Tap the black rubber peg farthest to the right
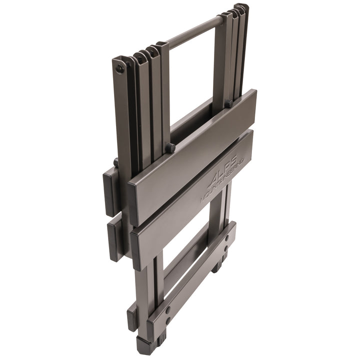(228, 104)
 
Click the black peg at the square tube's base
(171, 146)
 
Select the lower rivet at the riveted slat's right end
(226, 248)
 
